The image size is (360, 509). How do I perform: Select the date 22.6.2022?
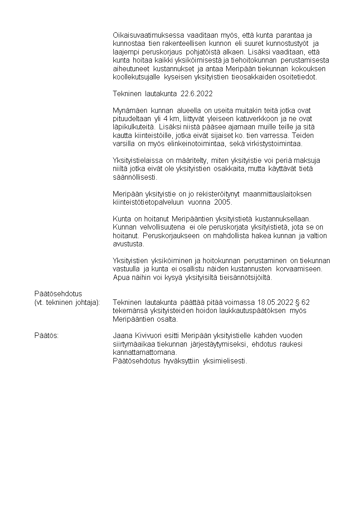(x=196, y=94)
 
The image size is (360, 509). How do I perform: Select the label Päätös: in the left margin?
(x=47, y=336)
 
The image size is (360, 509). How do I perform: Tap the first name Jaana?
(x=122, y=336)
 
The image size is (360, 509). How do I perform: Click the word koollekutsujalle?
(x=135, y=77)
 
